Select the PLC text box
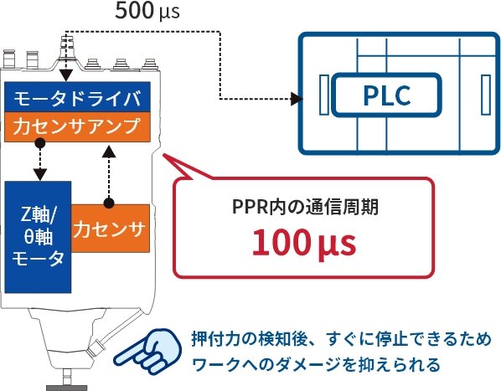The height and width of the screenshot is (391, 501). (387, 95)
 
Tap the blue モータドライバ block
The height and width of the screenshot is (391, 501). (78, 98)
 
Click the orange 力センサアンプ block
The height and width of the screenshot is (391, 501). (78, 127)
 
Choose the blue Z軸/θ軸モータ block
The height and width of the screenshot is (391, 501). (38, 235)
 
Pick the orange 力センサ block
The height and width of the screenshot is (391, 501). (110, 227)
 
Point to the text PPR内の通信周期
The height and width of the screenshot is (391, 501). (305, 206)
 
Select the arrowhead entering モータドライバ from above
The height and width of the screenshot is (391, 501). (65, 77)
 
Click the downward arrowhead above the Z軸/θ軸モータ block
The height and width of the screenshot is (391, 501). (39, 174)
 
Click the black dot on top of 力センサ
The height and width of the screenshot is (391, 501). (107, 203)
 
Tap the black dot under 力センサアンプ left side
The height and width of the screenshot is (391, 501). (39, 144)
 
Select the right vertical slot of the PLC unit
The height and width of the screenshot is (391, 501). (484, 95)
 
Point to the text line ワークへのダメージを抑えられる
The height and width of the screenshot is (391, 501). (315, 365)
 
